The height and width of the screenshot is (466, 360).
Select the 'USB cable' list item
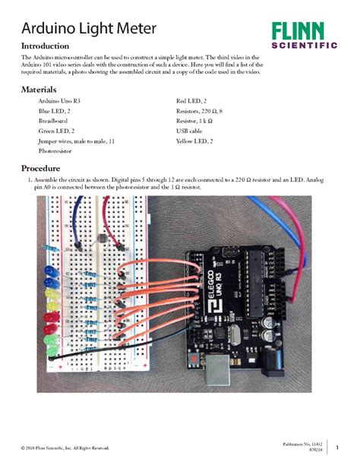point(191,132)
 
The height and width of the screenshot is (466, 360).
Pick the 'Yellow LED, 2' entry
point(195,141)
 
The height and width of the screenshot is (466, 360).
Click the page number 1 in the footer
point(336,446)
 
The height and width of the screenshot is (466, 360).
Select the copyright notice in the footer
point(65,449)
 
